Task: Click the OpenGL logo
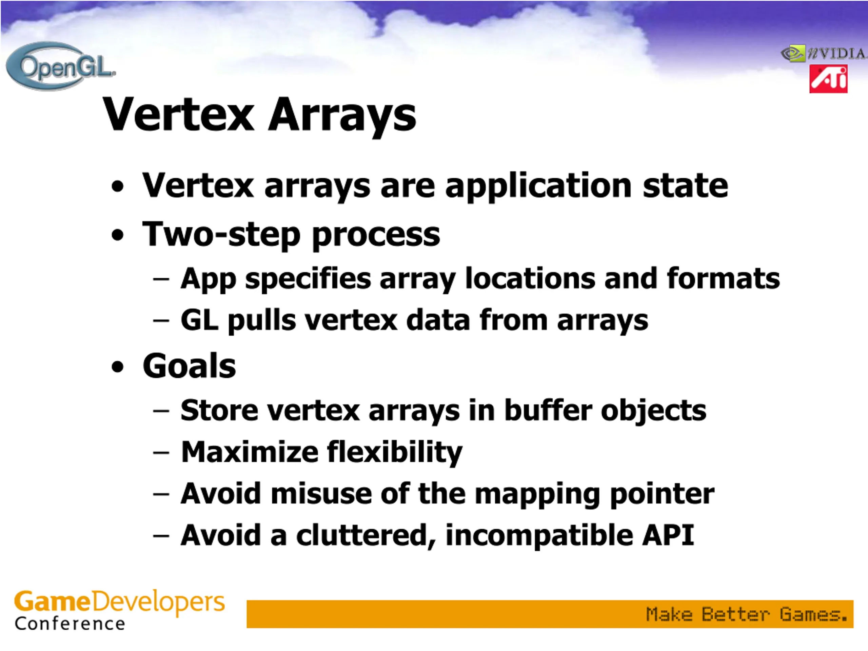click(61, 66)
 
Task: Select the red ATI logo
click(828, 79)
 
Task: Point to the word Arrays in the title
click(342, 116)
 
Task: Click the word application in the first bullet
click(538, 187)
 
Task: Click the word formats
click(723, 278)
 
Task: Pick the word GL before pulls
click(199, 320)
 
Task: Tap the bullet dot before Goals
click(117, 367)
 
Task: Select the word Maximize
click(250, 452)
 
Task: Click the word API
click(668, 535)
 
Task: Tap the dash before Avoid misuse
click(161, 495)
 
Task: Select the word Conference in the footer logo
click(70, 624)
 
